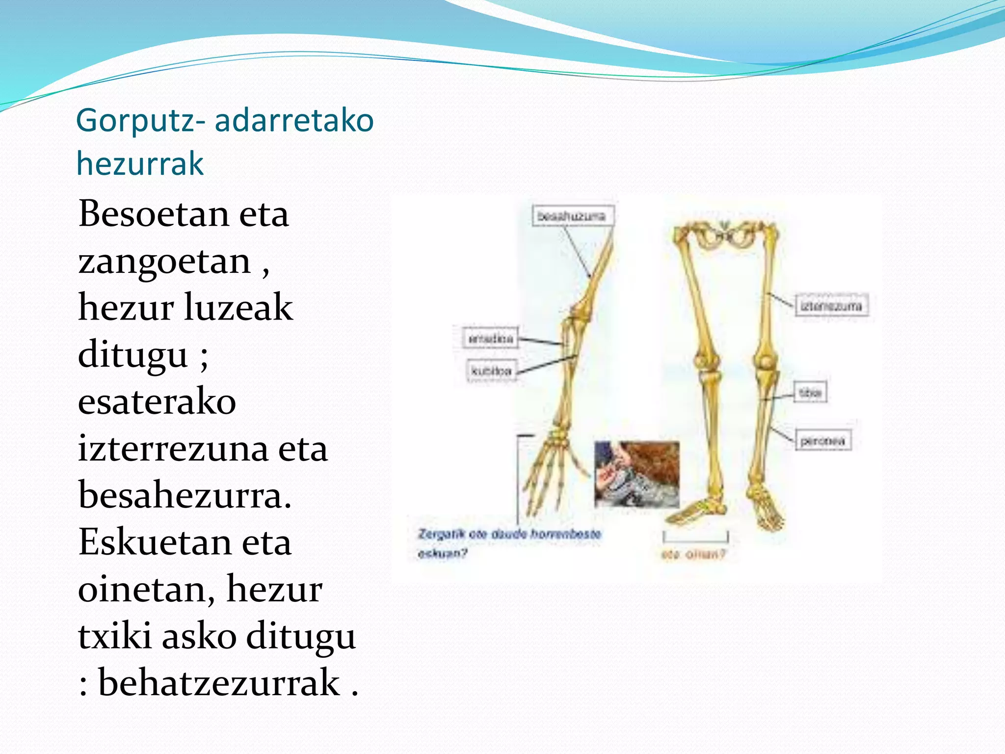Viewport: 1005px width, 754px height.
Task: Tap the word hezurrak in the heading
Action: click(x=140, y=164)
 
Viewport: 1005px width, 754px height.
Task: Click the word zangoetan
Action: click(x=164, y=261)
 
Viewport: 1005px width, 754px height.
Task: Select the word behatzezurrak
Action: click(x=219, y=683)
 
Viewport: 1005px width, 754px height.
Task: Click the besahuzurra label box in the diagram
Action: click(x=573, y=216)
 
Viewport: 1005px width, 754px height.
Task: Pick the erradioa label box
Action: click(x=490, y=339)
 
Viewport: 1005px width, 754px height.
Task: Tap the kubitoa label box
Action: click(x=491, y=371)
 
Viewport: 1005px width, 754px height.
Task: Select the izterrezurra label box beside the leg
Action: click(x=831, y=306)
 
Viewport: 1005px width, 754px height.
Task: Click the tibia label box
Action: click(x=810, y=392)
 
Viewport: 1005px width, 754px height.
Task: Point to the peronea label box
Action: click(x=822, y=440)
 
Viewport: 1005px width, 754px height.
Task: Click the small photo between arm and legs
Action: click(x=636, y=474)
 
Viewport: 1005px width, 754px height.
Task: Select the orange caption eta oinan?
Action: click(x=692, y=555)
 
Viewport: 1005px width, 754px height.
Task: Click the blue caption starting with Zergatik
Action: click(x=508, y=534)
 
